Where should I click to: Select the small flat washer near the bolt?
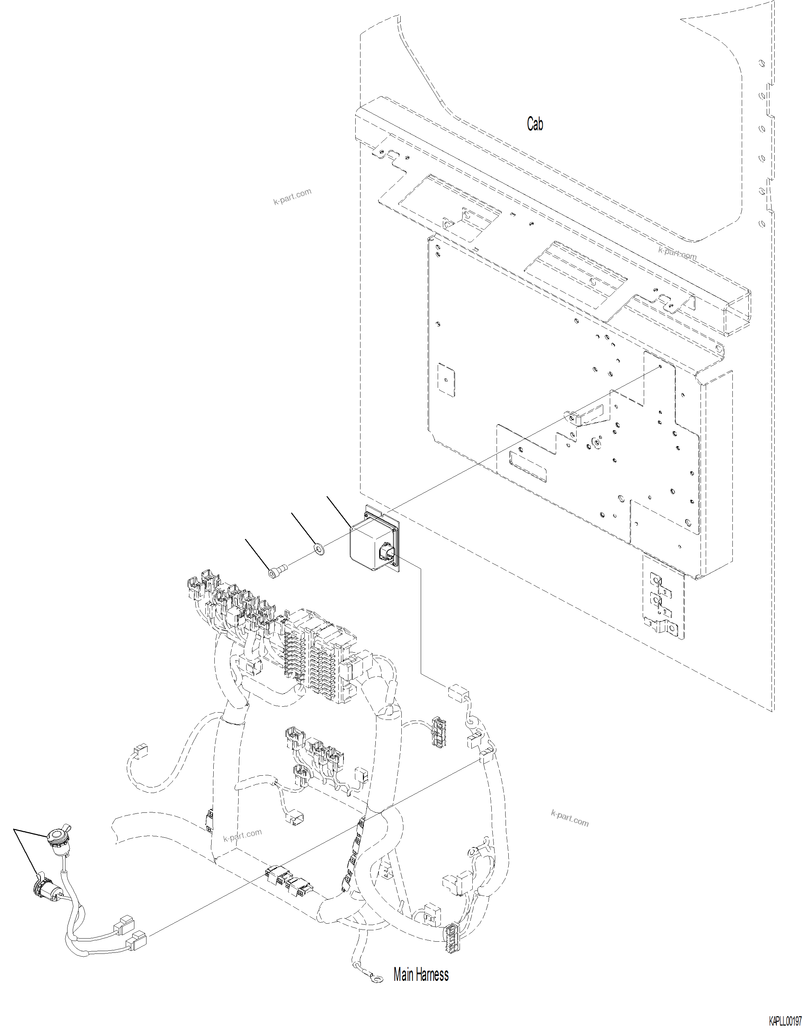[319, 548]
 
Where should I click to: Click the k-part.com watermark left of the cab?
[292, 196]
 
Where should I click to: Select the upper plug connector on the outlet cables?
[125, 925]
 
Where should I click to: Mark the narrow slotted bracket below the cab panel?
[663, 598]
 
